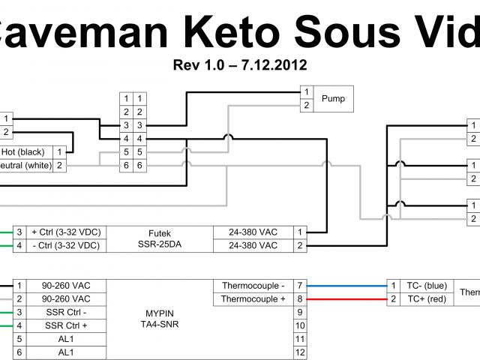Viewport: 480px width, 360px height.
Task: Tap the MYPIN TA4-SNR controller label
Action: pyautogui.click(x=160, y=318)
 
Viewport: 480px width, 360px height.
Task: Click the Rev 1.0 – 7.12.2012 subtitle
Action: pyautogui.click(x=240, y=65)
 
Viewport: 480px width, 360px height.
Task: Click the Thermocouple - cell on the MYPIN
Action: pyautogui.click(x=253, y=286)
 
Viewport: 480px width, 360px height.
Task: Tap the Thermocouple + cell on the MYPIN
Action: pyautogui.click(x=253, y=299)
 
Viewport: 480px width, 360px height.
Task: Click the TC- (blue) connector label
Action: pyautogui.click(x=426, y=286)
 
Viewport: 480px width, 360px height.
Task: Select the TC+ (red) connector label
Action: pyautogui.click(x=426, y=299)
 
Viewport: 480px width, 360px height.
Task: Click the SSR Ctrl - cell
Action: pyautogui.click(x=65, y=312)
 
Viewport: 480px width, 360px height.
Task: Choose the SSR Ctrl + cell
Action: pyautogui.click(x=65, y=325)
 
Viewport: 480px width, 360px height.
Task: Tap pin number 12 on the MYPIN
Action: pyautogui.click(x=300, y=352)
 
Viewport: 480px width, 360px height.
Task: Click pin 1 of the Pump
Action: pyautogui.click(x=306, y=91)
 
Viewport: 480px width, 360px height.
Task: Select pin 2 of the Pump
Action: pyautogui.click(x=306, y=105)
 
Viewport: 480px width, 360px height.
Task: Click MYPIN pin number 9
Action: pyautogui.click(x=300, y=312)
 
